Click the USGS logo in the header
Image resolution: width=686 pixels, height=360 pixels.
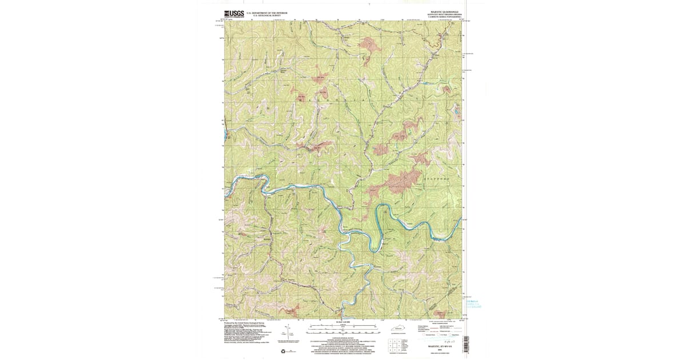click(x=234, y=13)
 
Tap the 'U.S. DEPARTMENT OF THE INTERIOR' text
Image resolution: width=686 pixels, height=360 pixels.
click(x=267, y=11)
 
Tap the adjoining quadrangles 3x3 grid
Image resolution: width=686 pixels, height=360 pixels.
click(x=393, y=344)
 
